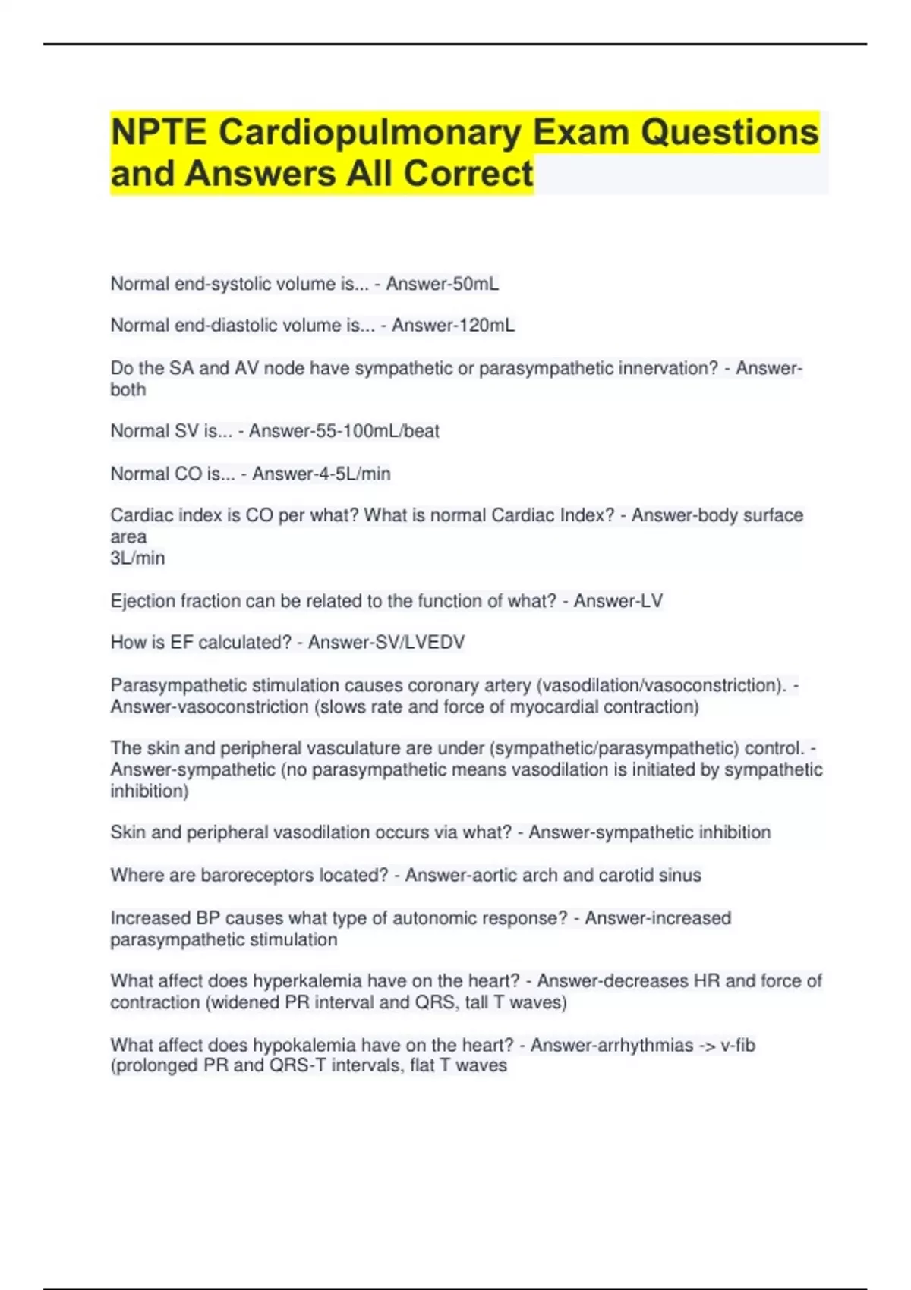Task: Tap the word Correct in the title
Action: [x=468, y=173]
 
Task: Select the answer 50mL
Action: [x=475, y=284]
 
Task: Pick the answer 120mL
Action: [x=484, y=326]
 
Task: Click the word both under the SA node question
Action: [x=128, y=389]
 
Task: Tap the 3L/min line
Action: [x=137, y=558]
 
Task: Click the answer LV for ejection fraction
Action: [x=651, y=601]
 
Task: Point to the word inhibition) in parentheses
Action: [x=150, y=791]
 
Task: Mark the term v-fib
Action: [x=738, y=1045]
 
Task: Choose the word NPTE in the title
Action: [x=159, y=132]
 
